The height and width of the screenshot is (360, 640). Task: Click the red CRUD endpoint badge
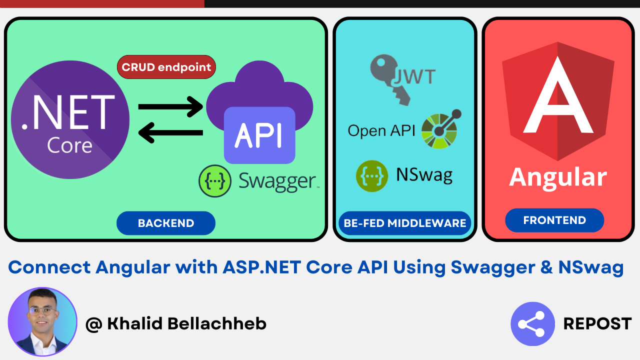tap(166, 67)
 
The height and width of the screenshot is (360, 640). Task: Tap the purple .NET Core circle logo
tap(70, 119)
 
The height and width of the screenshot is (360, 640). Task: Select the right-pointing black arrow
tap(170, 107)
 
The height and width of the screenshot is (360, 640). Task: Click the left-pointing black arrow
tap(170, 132)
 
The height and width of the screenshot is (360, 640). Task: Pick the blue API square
tap(259, 135)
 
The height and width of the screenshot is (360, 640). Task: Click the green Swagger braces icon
tap(215, 181)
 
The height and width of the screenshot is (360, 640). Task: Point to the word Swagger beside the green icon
tap(277, 181)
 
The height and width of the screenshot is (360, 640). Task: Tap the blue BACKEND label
tap(166, 223)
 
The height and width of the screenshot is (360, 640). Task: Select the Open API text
tap(381, 131)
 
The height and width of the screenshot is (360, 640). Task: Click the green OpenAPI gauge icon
tap(441, 129)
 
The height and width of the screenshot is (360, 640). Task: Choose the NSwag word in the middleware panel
tap(424, 175)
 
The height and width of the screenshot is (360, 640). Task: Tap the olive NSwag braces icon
tap(371, 176)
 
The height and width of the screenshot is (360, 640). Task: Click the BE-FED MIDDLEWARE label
tap(405, 223)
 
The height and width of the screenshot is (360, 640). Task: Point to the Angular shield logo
tap(558, 101)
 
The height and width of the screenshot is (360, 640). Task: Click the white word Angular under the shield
tap(558, 177)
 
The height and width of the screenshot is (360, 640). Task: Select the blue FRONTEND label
tap(554, 220)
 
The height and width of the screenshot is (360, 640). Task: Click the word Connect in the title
tap(49, 267)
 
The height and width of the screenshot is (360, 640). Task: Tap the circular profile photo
tap(42, 321)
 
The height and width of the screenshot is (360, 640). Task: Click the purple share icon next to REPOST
tap(532, 324)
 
